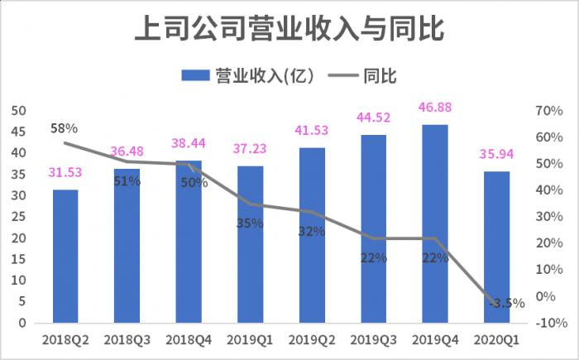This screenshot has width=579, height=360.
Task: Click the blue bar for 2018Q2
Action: tap(65, 257)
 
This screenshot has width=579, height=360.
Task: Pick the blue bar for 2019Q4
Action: tap(435, 223)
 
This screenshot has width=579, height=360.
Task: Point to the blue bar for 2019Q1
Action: tap(251, 244)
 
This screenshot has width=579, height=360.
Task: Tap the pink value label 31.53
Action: tap(65, 172)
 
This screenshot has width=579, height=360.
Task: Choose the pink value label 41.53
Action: tap(312, 130)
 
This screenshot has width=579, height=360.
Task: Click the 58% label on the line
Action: tap(64, 128)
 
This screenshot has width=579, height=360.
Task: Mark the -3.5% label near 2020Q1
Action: tap(506, 303)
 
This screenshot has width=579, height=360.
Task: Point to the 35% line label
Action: tap(250, 223)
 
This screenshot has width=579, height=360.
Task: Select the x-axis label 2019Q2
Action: tap(312, 340)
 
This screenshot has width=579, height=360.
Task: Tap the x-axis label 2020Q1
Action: tap(497, 340)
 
